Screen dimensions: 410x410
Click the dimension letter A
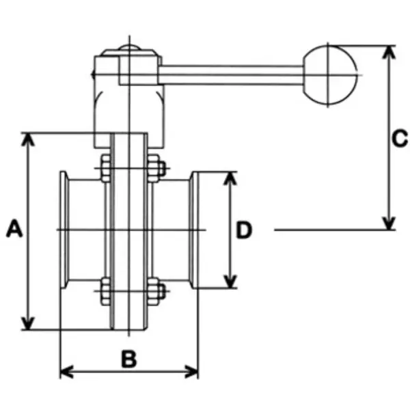(x=14, y=229)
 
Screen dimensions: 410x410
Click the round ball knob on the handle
(x=331, y=74)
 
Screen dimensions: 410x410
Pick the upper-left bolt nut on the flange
(x=105, y=169)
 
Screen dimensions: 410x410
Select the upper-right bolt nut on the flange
(x=154, y=169)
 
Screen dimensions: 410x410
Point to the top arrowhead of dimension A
(x=27, y=139)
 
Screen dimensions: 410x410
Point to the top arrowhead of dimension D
(x=230, y=179)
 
